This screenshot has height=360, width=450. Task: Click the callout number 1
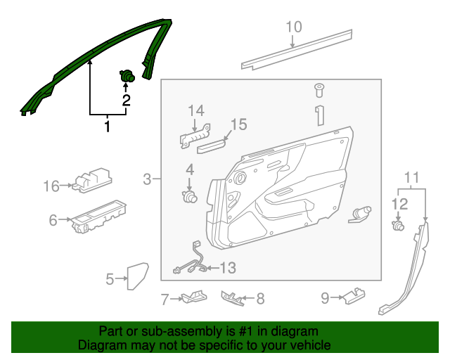(107, 127)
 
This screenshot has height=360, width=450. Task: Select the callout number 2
(127, 101)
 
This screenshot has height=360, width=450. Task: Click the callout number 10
(293, 27)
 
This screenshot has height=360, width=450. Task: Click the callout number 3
(147, 180)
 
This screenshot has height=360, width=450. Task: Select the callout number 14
(195, 110)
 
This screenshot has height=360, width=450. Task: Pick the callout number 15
(239, 124)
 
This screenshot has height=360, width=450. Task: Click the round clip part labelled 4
(189, 197)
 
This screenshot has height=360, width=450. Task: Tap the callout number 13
(228, 268)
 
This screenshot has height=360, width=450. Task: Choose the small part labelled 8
(233, 299)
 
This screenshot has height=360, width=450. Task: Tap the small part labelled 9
(354, 296)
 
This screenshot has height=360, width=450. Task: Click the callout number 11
(412, 177)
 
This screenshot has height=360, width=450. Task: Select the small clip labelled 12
(399, 226)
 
